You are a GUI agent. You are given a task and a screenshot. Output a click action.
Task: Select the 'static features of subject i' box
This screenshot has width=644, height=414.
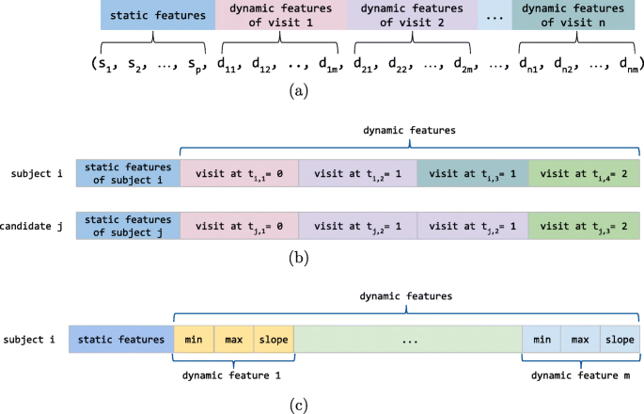[x=128, y=173]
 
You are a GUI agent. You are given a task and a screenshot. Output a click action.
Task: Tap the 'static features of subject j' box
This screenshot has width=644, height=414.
[x=128, y=226]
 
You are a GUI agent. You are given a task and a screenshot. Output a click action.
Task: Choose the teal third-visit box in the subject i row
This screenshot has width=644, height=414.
[x=472, y=173]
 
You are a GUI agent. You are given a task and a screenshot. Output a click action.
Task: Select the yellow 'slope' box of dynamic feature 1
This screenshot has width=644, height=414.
[x=274, y=338]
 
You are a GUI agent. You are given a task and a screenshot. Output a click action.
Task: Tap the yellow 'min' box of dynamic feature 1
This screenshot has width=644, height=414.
[x=195, y=338]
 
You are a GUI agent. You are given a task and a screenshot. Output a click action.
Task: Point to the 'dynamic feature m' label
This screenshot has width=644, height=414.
[x=580, y=375]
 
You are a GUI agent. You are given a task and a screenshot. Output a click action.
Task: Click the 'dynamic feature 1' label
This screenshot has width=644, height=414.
[x=234, y=375]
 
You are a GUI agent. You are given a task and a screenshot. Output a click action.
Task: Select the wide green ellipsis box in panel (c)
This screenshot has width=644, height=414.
[x=408, y=338]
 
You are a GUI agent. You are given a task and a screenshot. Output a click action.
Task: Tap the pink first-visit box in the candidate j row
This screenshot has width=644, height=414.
[x=238, y=226]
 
